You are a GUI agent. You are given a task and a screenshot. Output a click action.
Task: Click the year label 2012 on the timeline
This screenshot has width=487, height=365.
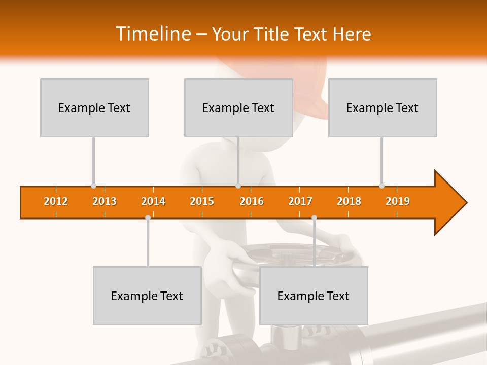[x=56, y=201]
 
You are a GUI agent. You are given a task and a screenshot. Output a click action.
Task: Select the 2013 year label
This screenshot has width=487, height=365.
[x=105, y=201]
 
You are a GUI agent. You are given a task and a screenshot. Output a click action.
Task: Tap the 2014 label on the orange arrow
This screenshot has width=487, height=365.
[x=153, y=201]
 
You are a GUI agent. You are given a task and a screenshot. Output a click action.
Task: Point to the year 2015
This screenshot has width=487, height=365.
[x=202, y=201]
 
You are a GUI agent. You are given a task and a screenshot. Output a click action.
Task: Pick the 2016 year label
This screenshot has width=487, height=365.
[x=252, y=201]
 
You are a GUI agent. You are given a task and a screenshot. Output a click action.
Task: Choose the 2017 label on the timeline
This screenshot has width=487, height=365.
[x=300, y=201]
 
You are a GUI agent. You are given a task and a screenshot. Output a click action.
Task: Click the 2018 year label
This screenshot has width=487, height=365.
[x=349, y=201]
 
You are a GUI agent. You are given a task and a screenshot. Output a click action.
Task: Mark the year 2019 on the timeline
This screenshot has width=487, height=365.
[x=398, y=201]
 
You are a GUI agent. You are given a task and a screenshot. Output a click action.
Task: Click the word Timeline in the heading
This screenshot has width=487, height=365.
[x=152, y=34]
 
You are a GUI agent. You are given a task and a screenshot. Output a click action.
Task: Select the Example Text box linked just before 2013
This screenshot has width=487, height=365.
[x=94, y=107]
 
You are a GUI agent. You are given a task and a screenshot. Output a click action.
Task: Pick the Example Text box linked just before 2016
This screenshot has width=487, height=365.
[x=238, y=107]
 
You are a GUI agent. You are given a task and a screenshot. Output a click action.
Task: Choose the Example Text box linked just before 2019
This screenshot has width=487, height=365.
[x=382, y=107]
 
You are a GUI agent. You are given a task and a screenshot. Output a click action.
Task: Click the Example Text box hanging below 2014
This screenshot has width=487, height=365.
[x=147, y=296]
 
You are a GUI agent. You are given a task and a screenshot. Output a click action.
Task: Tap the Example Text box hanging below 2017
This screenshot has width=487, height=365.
[x=314, y=296]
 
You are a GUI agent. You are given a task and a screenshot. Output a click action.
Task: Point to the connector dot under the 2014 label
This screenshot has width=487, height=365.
[x=148, y=217]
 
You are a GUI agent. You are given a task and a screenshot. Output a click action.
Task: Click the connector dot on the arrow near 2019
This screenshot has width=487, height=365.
[x=381, y=186]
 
